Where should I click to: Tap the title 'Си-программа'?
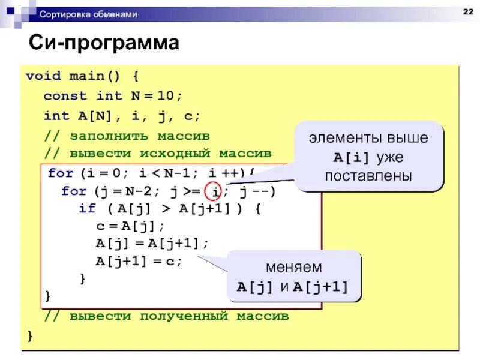tap(105, 44)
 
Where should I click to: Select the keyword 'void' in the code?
tap(43, 76)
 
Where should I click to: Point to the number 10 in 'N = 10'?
tap(171, 96)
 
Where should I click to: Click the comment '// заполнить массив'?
tap(127, 135)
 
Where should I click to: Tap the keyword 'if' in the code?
tap(87, 209)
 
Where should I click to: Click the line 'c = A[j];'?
tap(130, 227)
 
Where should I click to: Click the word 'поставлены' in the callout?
tap(368, 176)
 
